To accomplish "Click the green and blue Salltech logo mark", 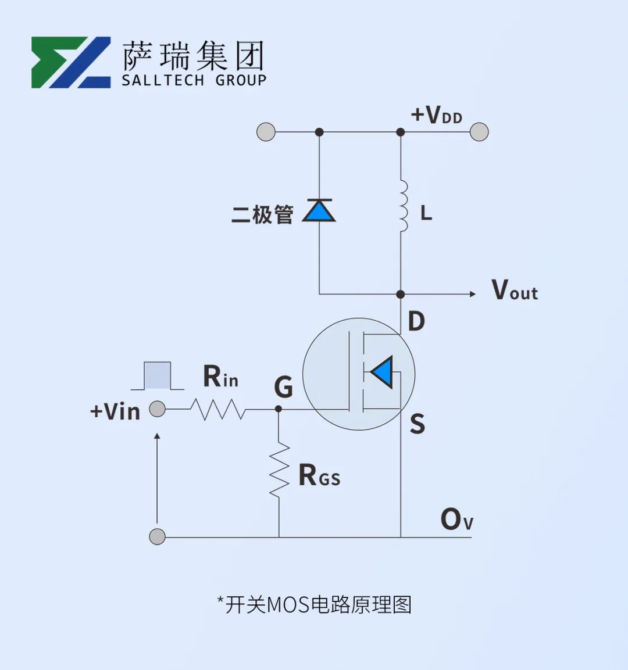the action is point(71,62).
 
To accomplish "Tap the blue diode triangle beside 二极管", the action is point(319,211).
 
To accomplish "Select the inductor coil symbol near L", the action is point(403,206).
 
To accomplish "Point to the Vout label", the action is point(515,290).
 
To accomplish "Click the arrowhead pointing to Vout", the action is point(472,294).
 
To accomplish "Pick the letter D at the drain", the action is point(416,321).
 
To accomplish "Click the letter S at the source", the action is point(418,424).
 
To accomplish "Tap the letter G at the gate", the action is point(283,386).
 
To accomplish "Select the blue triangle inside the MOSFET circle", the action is point(382,372).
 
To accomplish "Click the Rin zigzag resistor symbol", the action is point(218,409).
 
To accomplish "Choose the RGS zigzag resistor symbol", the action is point(279,470).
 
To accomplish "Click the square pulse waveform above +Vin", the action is point(158,375).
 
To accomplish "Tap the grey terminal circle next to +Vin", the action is point(158,409).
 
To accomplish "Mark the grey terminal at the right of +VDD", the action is point(479,132).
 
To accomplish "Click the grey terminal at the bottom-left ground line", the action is point(158,536).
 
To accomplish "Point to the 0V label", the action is point(457,519).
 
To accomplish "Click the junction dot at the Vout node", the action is point(401,294).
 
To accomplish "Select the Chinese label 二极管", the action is point(262,214).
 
